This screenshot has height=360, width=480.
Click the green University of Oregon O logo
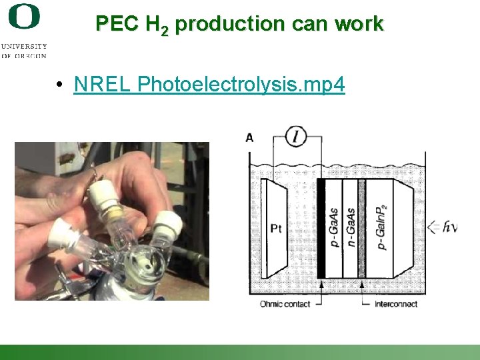pos(24,16)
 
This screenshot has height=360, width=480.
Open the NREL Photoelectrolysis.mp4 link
pos(209,85)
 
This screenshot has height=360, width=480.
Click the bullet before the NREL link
pos(60,85)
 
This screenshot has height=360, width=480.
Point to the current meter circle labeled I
pos(296,137)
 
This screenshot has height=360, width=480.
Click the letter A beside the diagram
pos(249,138)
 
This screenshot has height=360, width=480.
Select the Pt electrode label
pos(276,229)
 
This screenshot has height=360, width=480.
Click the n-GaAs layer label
pos(350,227)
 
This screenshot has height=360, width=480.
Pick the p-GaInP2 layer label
pos(382,227)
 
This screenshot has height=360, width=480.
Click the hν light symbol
pos(449,227)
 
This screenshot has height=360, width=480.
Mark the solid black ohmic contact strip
pos(321,228)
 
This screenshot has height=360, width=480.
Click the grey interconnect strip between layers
pos(362,228)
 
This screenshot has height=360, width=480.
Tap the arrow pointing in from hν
pos(433,227)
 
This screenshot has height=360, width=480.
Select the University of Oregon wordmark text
pos(24,51)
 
